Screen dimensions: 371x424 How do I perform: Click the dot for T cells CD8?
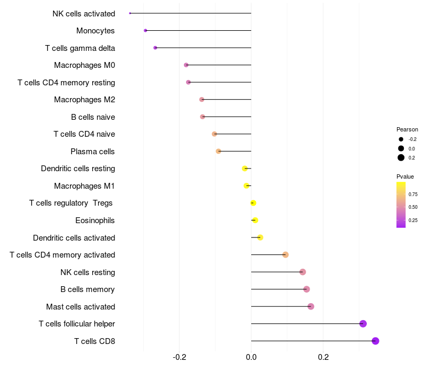click(x=375, y=341)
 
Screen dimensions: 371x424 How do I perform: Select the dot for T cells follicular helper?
click(x=363, y=324)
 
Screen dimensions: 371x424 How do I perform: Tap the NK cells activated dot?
click(x=130, y=13)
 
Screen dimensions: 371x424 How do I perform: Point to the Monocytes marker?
click(x=145, y=31)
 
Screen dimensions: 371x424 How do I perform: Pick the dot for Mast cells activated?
click(x=311, y=306)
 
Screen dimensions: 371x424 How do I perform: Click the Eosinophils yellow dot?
click(x=255, y=220)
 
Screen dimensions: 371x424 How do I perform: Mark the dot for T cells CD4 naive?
click(x=214, y=134)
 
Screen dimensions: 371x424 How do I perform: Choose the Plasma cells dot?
click(x=218, y=151)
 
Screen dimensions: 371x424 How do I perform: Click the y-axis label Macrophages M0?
click(x=84, y=65)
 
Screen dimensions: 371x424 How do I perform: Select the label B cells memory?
click(x=87, y=289)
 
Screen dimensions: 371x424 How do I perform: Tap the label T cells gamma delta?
click(x=80, y=48)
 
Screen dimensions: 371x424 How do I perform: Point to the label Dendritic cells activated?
click(x=74, y=237)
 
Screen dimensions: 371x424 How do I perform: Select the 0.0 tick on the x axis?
click(x=251, y=357)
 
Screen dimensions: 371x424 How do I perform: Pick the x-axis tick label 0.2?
click(x=323, y=357)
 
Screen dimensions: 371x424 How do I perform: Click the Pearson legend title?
click(x=407, y=129)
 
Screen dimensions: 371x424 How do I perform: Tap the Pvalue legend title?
click(x=405, y=176)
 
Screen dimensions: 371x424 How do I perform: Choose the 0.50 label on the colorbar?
click(x=413, y=207)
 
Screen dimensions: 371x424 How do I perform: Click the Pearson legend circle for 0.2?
click(x=401, y=157)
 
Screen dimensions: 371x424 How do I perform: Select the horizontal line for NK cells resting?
click(x=276, y=272)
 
